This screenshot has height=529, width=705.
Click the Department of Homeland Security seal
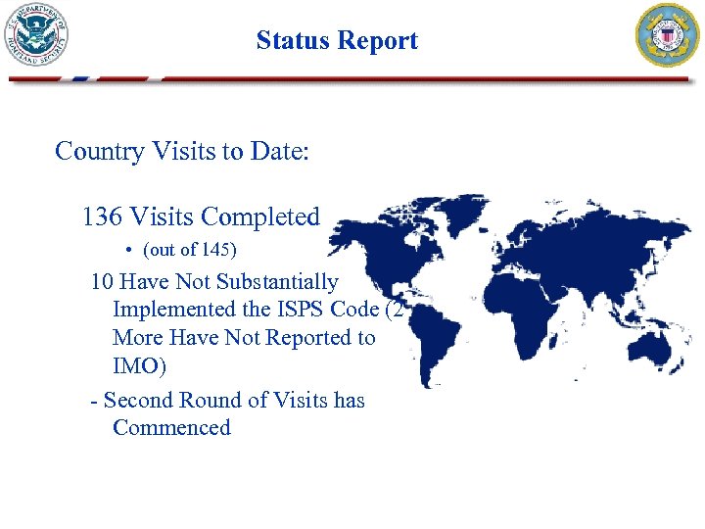pyautogui.click(x=38, y=34)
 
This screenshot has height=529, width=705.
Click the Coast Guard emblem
pyautogui.click(x=669, y=35)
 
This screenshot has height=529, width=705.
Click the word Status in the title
pyautogui.click(x=291, y=40)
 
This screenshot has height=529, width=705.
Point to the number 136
pyautogui.click(x=103, y=216)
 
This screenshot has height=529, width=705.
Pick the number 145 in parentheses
pyautogui.click(x=215, y=251)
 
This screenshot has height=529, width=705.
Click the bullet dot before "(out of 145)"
pyautogui.click(x=129, y=251)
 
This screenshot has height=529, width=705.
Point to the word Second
pyautogui.click(x=137, y=400)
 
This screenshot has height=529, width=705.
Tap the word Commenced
pyautogui.click(x=172, y=428)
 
